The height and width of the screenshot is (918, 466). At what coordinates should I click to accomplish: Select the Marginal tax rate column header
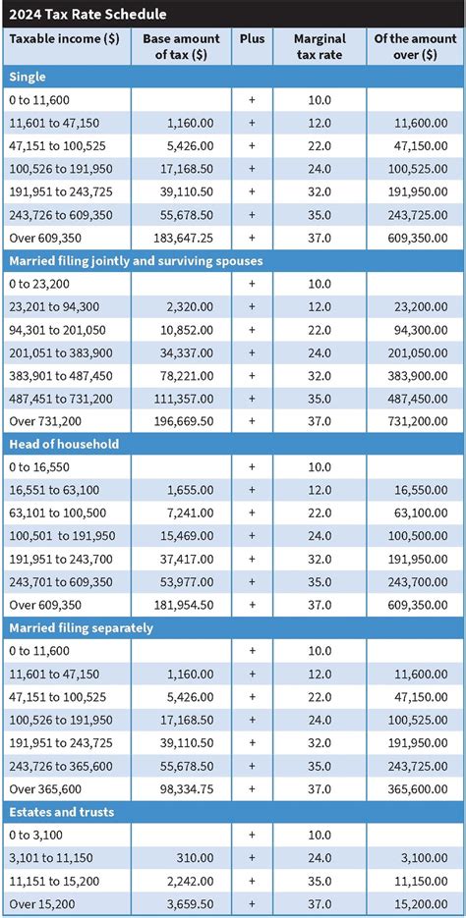point(320,46)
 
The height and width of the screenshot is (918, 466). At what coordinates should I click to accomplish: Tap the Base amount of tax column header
point(181,46)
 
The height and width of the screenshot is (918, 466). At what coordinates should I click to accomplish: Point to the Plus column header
point(252,38)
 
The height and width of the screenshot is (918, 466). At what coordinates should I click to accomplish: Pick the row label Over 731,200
point(45,420)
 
